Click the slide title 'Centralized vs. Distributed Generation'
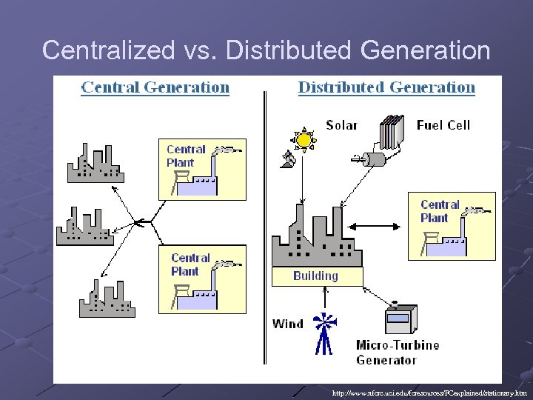[266, 50]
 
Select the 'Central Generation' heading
[155, 87]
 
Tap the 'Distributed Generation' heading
[386, 87]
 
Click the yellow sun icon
[304, 139]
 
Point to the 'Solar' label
[341, 125]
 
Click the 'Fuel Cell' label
[443, 125]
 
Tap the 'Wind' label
[288, 323]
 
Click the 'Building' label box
[316, 276]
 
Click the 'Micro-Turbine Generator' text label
[397, 353]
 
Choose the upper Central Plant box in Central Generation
[202, 169]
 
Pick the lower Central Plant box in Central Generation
[202, 279]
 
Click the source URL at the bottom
[429, 393]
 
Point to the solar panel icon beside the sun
[288, 158]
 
